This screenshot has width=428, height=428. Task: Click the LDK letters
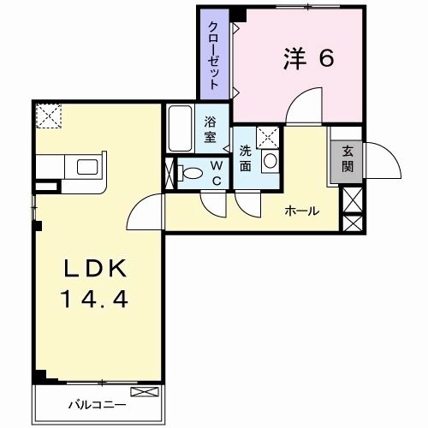click(x=96, y=269)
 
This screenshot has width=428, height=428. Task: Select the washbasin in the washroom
click(x=270, y=160)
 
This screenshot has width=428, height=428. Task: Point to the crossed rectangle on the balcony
click(x=146, y=391)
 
